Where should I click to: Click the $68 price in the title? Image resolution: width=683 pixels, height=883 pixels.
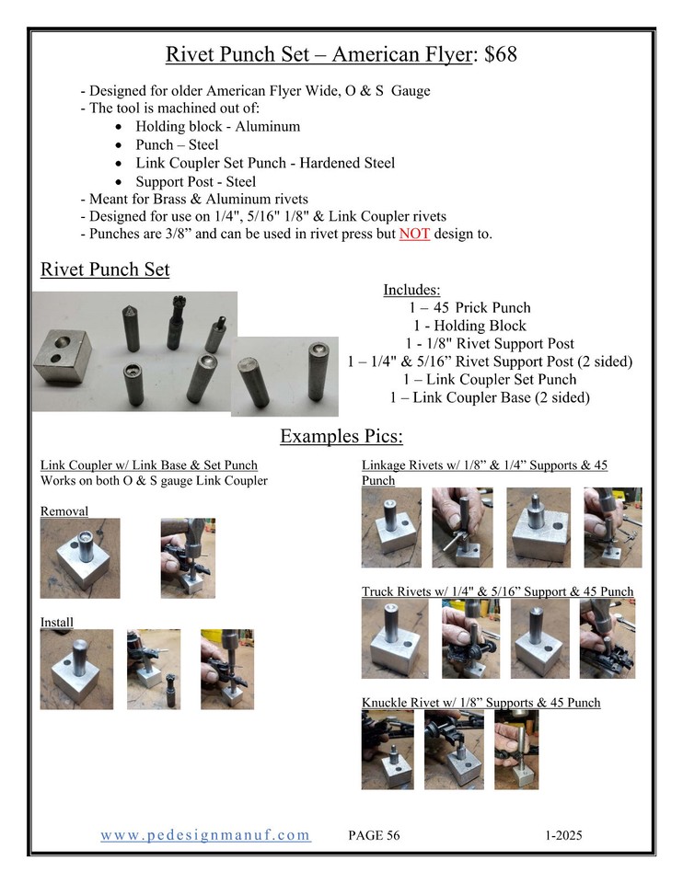[498, 55]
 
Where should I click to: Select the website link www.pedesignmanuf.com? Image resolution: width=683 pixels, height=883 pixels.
[205, 835]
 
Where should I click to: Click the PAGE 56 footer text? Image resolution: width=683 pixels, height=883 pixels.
[375, 836]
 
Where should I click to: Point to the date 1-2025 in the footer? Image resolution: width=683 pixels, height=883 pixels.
[563, 836]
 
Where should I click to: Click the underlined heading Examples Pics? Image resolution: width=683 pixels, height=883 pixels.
[341, 435]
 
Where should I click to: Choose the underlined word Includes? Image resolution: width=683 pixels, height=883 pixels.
[411, 290]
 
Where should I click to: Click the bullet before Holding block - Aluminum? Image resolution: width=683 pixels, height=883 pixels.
[121, 127]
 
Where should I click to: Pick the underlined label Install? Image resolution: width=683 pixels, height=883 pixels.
[56, 623]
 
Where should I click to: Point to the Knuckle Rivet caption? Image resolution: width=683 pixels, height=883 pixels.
[480, 703]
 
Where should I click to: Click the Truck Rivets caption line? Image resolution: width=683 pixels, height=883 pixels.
[497, 591]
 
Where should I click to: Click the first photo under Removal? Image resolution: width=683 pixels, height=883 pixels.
[79, 558]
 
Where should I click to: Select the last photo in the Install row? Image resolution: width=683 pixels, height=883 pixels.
[226, 669]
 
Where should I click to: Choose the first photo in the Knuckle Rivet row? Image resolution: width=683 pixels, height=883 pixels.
[387, 749]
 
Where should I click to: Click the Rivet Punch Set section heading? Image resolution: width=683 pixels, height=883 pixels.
[104, 270]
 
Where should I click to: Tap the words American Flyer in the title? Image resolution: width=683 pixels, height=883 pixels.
[401, 55]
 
